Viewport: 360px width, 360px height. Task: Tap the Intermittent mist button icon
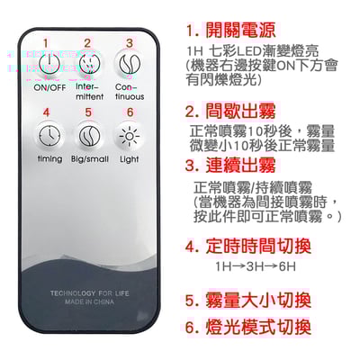click(x=87, y=64)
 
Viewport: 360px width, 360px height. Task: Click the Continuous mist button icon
click(x=129, y=64)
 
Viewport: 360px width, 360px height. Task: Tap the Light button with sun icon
click(x=129, y=134)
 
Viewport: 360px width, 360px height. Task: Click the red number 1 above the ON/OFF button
click(x=46, y=43)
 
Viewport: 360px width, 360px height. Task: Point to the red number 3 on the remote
click(x=129, y=42)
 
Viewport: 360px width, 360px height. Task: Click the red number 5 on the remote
click(x=87, y=112)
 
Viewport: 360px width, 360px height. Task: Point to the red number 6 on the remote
click(x=129, y=112)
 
